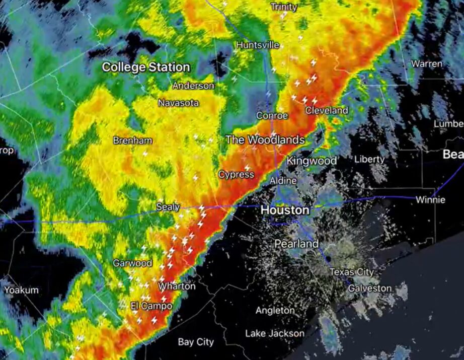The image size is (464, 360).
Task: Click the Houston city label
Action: [x=285, y=209]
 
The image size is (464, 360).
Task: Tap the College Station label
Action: [x=146, y=67]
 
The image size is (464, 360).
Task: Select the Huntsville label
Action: [x=257, y=45]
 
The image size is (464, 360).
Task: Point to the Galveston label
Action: [x=369, y=289]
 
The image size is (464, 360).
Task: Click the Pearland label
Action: [x=296, y=244]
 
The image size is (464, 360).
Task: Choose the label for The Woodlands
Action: [x=265, y=139]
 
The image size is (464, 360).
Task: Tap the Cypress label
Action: [x=236, y=174]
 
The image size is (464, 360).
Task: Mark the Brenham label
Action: [x=132, y=140]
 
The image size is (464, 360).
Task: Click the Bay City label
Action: [x=196, y=342]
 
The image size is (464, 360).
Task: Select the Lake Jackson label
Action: [x=275, y=333]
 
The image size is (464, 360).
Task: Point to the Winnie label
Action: [x=430, y=199]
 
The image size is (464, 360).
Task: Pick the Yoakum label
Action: [x=21, y=290]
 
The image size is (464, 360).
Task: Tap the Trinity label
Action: [x=284, y=7]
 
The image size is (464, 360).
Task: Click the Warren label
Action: [x=427, y=64]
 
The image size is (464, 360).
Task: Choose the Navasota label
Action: [x=178, y=103]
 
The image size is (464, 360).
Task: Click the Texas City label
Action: [x=352, y=272]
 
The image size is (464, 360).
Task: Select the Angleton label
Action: [x=275, y=311]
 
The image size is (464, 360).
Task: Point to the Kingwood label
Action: [x=312, y=161]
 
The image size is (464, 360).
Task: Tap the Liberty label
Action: [x=369, y=159]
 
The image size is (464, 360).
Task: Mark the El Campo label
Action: [x=151, y=306]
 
